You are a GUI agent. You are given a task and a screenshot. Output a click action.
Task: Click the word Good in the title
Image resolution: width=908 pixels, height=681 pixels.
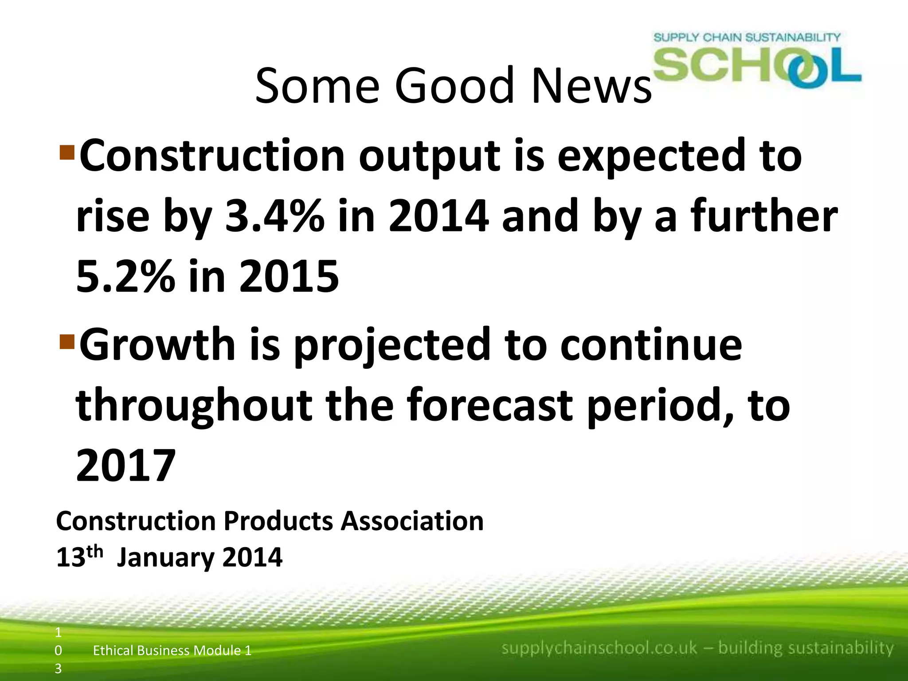pos(454,85)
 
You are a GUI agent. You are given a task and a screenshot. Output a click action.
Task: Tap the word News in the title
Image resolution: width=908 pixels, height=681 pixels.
pos(591,85)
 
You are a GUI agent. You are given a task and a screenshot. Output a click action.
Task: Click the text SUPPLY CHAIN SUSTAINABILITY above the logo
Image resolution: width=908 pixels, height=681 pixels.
pos(747,37)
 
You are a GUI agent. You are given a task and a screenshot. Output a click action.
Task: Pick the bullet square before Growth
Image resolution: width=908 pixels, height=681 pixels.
pos(67,341)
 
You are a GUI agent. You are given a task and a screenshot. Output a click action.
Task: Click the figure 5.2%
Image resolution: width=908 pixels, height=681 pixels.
pos(125,277)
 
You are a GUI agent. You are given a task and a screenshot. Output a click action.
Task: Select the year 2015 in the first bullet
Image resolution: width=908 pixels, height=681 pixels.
pos(289,277)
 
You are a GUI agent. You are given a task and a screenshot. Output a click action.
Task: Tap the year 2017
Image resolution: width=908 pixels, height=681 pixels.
pos(126,466)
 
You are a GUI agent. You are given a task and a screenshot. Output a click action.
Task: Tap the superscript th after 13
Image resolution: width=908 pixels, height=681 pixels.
pos(95,552)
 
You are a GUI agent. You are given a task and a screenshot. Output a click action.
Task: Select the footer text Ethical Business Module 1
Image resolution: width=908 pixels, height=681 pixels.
pos(172,650)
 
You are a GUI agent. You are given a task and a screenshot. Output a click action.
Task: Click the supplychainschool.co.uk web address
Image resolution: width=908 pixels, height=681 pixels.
pos(599,648)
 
